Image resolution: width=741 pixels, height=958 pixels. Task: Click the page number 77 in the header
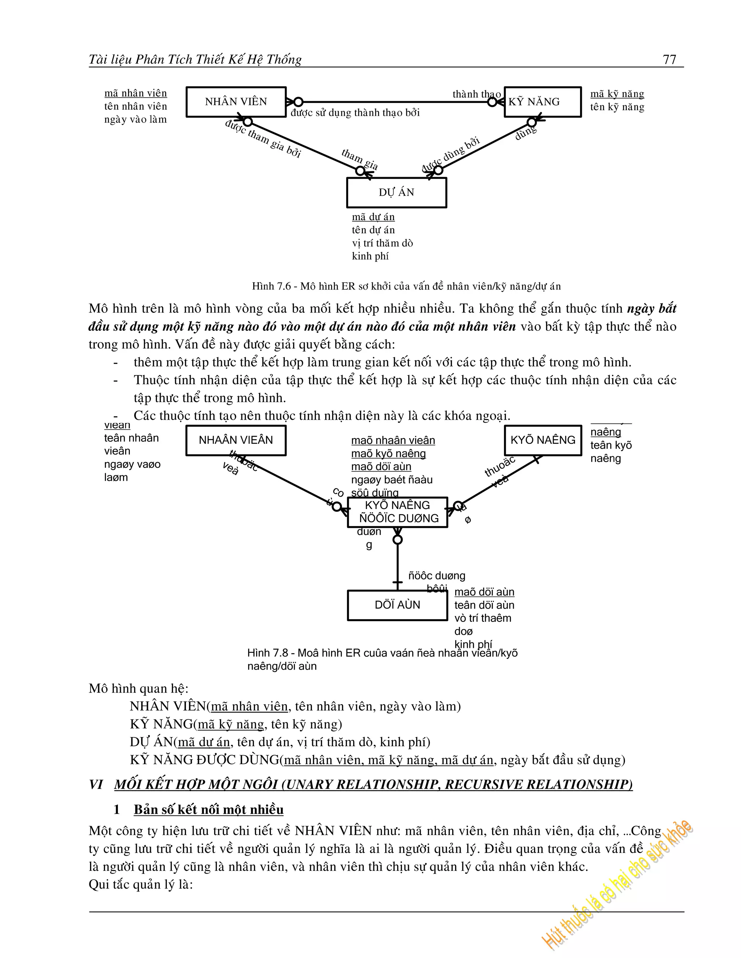tap(669, 59)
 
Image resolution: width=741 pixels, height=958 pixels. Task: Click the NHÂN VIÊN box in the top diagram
tap(236, 102)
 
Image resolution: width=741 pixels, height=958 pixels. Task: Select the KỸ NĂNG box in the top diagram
tap(543, 102)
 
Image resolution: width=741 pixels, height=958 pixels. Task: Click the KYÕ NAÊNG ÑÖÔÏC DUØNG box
tap(398, 512)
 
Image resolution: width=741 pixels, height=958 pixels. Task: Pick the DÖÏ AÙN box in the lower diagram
tap(397, 605)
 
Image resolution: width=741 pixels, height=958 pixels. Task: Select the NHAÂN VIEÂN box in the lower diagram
tap(236, 440)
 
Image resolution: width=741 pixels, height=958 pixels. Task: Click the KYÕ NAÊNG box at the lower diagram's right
tap(543, 440)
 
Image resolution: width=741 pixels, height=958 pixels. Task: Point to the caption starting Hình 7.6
tap(406, 286)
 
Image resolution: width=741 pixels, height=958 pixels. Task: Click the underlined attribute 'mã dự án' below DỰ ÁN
tap(373, 217)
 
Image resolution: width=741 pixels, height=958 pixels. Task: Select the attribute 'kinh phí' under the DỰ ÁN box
tap(370, 256)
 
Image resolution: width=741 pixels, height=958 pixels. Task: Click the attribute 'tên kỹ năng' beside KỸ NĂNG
tap(617, 107)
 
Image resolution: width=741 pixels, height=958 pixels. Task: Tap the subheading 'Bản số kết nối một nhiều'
tap(208, 809)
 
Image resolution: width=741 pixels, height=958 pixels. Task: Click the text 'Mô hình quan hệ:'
tap(138, 688)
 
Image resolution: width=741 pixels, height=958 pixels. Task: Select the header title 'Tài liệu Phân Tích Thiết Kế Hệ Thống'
tap(195, 59)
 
